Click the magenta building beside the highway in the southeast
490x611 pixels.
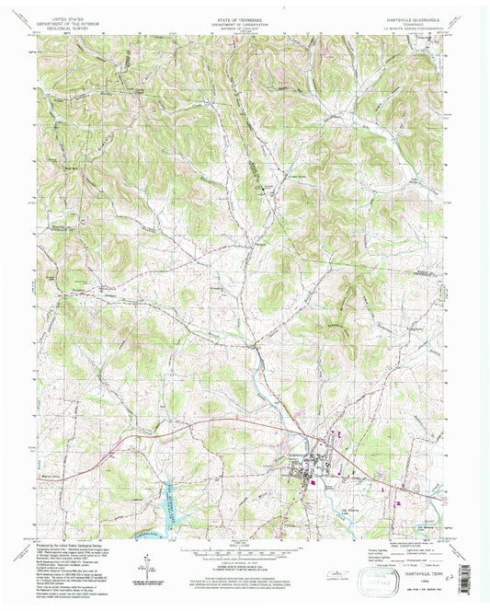(397, 503)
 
